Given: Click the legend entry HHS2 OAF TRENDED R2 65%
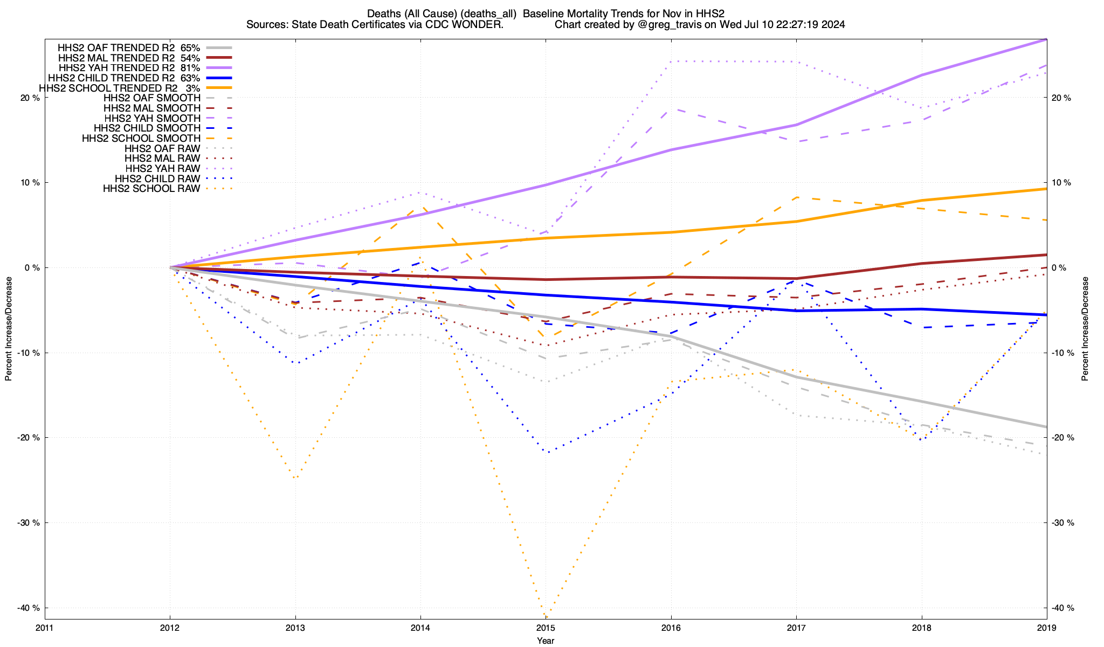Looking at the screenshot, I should pyautogui.click(x=129, y=47).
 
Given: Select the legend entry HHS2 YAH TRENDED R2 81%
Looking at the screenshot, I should pyautogui.click(x=129, y=68).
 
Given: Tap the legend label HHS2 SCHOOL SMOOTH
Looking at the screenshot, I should pyautogui.click(x=141, y=139).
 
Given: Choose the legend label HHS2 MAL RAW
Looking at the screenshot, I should pyautogui.click(x=162, y=159).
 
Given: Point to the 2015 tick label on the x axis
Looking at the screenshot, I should pyautogui.click(x=546, y=628).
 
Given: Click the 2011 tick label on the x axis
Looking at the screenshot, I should pyautogui.click(x=45, y=628).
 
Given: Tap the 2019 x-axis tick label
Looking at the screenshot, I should pyautogui.click(x=1047, y=628).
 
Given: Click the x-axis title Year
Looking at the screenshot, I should pyautogui.click(x=546, y=641).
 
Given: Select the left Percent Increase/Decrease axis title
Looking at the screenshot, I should pyautogui.click(x=9, y=329).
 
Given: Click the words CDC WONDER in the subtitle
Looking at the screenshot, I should pyautogui.click(x=474, y=24).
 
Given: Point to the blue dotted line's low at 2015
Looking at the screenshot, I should pyautogui.click(x=546, y=452).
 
